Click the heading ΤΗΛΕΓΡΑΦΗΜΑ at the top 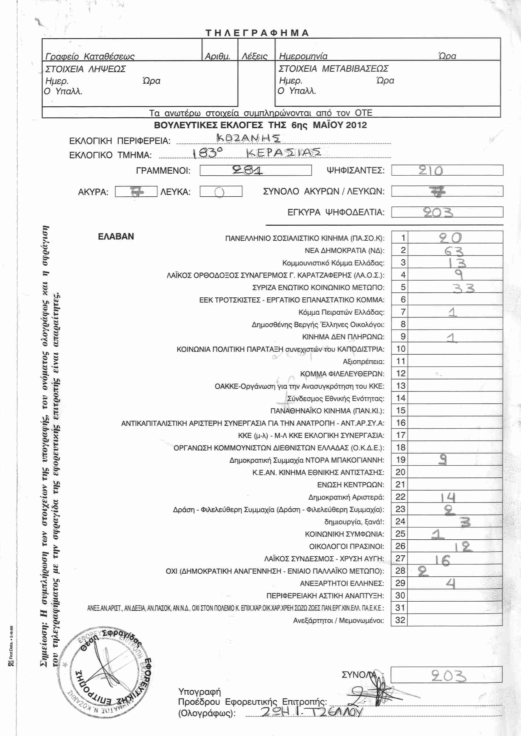(x=257, y=33)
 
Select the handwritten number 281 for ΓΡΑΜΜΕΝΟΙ (x=247, y=170)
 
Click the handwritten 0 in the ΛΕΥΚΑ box (x=220, y=192)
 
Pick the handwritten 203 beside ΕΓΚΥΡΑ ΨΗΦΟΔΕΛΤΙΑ (x=438, y=212)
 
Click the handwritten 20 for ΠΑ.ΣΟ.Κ (x=450, y=238)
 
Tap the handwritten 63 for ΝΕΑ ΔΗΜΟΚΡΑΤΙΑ (x=454, y=251)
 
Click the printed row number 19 (x=400, y=460)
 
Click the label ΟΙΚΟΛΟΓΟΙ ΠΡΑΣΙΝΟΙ (x=346, y=546)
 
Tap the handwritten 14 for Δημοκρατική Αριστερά (x=448, y=497)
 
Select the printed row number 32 (x=400, y=620)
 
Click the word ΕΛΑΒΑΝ (x=116, y=237)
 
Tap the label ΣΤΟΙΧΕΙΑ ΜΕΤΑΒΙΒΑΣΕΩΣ (x=333, y=69)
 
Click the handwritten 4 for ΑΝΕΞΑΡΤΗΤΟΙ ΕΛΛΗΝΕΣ (x=451, y=583)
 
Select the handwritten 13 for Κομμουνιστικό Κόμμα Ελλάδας (x=457, y=263)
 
